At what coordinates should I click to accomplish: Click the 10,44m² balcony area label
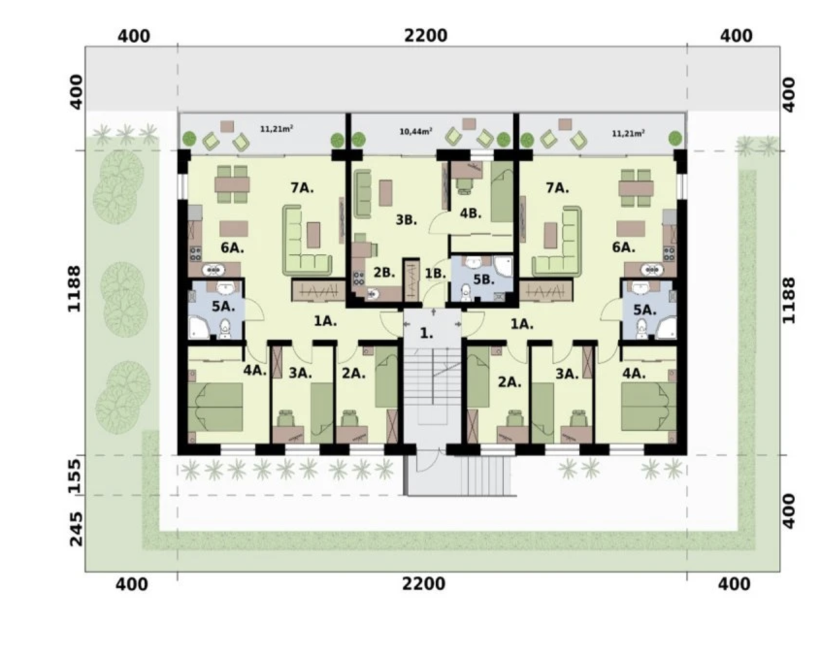416,131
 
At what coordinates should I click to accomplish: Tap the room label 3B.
406,220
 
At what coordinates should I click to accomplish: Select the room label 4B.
471,213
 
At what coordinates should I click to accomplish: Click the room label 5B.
484,280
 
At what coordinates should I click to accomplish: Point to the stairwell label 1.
426,333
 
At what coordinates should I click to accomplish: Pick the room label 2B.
384,273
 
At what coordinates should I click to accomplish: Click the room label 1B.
435,274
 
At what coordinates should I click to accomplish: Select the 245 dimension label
75,529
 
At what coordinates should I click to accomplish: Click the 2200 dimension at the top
426,35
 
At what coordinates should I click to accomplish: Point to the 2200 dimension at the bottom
424,584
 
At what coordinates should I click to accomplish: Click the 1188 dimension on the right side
789,300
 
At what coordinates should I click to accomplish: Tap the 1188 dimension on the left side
74,289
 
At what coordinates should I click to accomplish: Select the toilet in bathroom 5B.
466,292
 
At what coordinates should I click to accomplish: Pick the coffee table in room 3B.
386,193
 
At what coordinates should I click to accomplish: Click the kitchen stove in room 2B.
359,278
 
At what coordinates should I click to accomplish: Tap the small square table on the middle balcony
469,124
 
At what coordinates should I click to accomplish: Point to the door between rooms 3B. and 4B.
440,225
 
